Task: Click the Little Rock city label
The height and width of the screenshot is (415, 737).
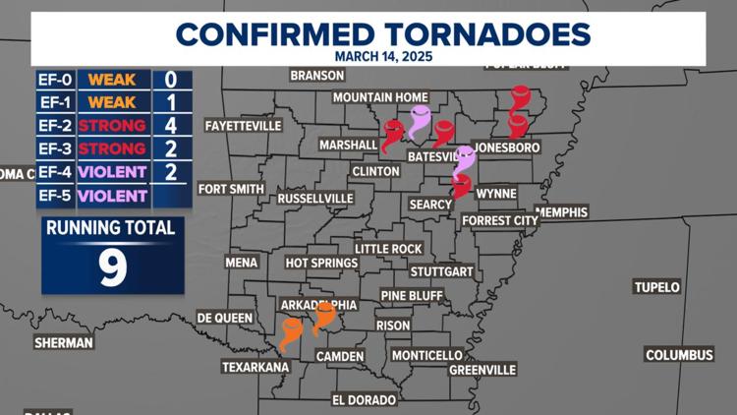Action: pyautogui.click(x=388, y=249)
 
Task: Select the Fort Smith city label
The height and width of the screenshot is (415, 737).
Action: pyautogui.click(x=231, y=189)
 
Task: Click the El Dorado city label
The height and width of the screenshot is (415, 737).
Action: pyautogui.click(x=364, y=400)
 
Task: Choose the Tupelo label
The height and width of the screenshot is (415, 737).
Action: pyautogui.click(x=656, y=287)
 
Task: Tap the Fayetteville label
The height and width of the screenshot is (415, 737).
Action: pyautogui.click(x=243, y=126)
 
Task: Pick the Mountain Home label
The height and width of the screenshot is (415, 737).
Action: pyautogui.click(x=376, y=97)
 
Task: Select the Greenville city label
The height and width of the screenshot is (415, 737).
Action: pyautogui.click(x=482, y=369)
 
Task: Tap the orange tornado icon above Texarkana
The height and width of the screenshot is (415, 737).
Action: pyautogui.click(x=291, y=333)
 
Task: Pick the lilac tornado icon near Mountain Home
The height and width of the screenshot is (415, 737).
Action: pyautogui.click(x=420, y=122)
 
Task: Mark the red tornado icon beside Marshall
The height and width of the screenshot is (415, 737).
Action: pyautogui.click(x=392, y=135)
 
